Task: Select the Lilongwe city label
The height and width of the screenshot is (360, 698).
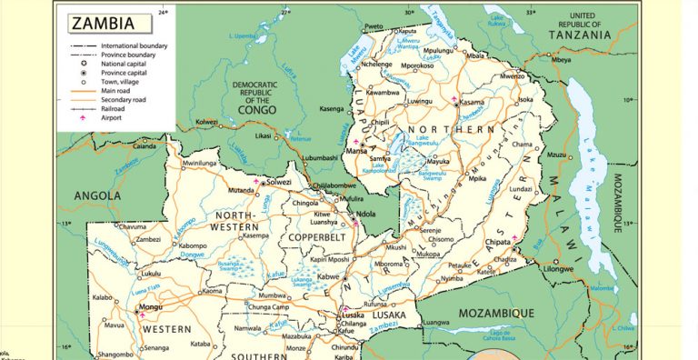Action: point(561,269)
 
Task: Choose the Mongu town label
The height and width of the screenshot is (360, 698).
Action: point(150,309)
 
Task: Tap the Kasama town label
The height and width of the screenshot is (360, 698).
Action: point(473,103)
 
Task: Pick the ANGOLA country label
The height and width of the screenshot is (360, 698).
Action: point(97,195)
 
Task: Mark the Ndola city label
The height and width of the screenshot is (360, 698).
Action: point(366,215)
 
